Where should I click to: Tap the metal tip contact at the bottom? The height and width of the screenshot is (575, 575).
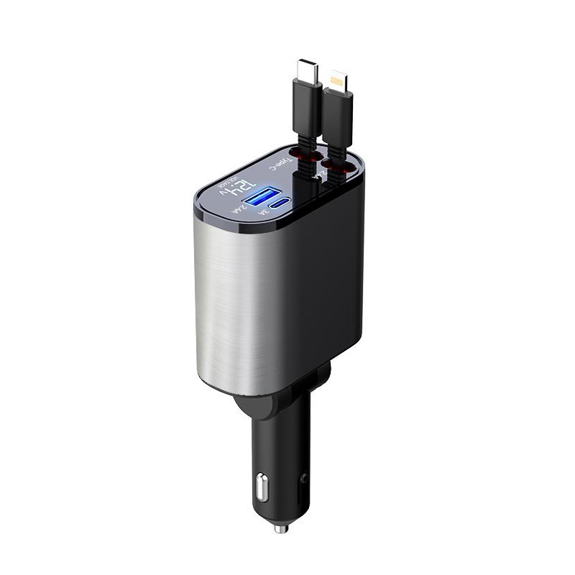pos(280,528)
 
